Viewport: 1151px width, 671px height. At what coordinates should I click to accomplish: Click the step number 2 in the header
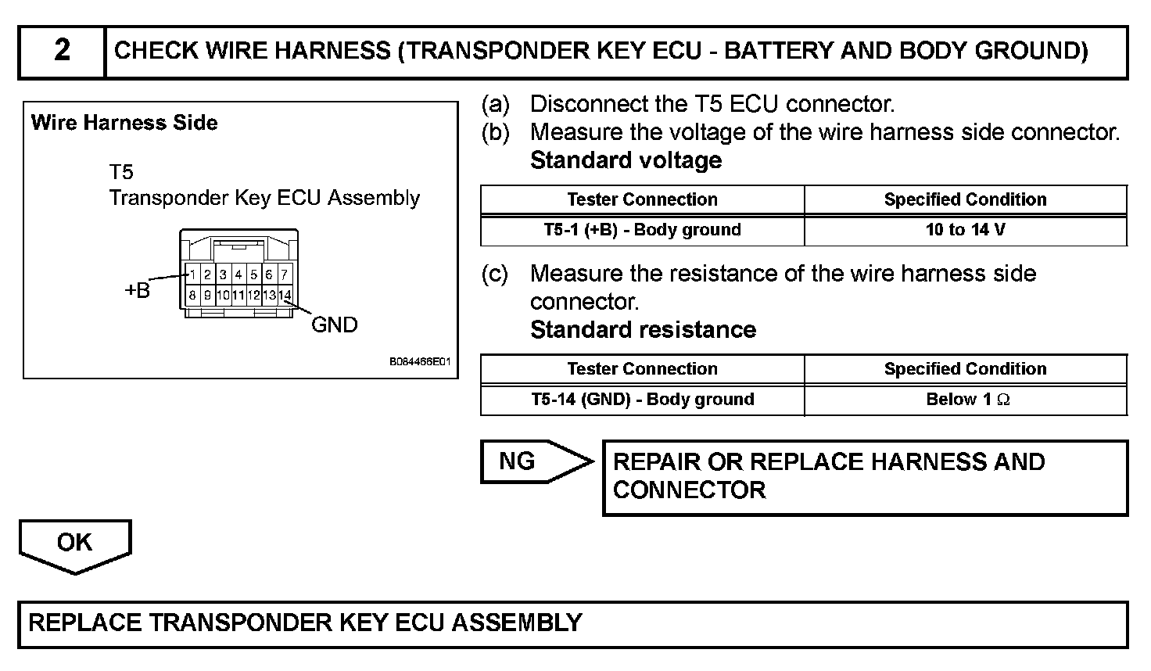click(62, 52)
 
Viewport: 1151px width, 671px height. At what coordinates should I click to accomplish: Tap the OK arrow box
click(74, 543)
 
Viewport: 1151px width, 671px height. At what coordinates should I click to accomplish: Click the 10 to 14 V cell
click(965, 230)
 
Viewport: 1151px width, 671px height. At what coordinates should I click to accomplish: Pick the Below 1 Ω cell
click(965, 400)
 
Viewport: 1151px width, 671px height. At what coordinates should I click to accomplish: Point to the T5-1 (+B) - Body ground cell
click(642, 230)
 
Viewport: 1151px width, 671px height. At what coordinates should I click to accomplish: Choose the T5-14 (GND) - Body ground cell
click(642, 400)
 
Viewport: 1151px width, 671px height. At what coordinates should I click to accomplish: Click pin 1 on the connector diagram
click(192, 274)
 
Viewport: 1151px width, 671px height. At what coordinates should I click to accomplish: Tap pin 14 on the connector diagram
click(285, 296)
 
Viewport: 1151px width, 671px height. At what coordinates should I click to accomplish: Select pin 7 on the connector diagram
click(285, 274)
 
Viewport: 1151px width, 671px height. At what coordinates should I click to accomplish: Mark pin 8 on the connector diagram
click(192, 296)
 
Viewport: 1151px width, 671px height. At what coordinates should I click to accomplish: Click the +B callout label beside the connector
click(137, 291)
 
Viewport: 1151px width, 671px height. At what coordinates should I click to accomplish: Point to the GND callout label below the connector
click(334, 325)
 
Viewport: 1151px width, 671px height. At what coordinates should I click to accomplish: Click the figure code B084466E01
click(420, 363)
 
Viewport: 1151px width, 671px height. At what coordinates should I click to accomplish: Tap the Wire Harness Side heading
click(124, 123)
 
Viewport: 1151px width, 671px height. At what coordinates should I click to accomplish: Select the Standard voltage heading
click(626, 160)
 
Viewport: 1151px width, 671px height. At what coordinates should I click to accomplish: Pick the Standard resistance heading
click(643, 330)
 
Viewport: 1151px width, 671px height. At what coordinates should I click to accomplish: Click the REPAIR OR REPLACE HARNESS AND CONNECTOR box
click(864, 477)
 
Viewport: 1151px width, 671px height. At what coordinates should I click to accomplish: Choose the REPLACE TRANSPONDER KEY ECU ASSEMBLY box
click(572, 623)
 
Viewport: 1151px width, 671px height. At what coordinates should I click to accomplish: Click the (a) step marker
click(495, 104)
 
